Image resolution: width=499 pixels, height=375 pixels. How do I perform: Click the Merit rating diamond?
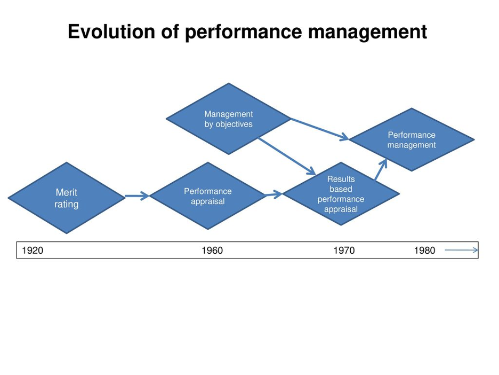click(66, 198)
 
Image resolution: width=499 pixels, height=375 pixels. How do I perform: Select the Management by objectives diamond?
click(229, 119)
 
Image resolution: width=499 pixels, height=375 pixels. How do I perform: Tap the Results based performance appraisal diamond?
click(341, 194)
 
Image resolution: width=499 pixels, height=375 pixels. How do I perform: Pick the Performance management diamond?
click(411, 140)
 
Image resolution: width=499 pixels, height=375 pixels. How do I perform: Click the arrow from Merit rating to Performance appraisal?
click(137, 197)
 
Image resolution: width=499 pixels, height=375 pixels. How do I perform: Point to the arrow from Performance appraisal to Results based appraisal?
click(273, 195)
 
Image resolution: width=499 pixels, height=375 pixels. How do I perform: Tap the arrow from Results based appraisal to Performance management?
click(381, 169)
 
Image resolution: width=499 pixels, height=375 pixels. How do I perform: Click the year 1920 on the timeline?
click(32, 251)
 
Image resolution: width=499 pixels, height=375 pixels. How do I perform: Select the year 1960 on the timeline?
click(212, 251)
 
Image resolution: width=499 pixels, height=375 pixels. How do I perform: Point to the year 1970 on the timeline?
click(344, 251)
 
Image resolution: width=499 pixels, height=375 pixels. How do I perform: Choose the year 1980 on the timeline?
click(424, 251)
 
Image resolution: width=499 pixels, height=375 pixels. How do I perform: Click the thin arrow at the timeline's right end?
click(461, 250)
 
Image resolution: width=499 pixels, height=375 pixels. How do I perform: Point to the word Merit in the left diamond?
click(67, 192)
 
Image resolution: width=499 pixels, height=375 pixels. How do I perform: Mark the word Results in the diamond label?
click(341, 179)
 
